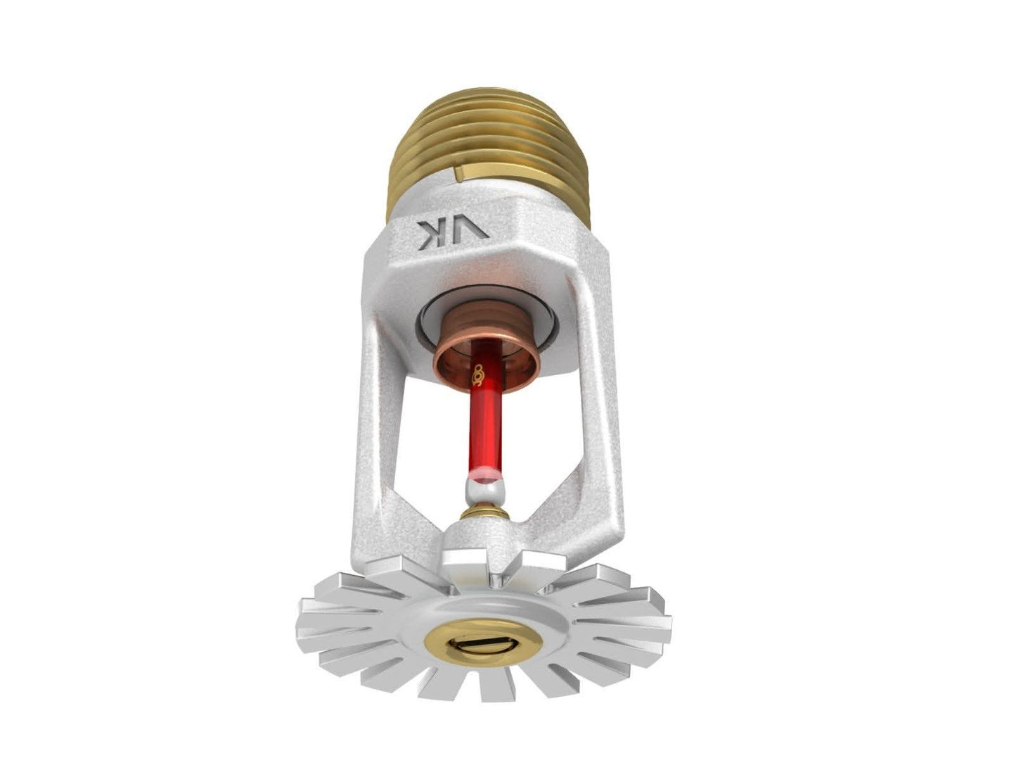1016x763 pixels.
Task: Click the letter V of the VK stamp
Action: tap(472, 231)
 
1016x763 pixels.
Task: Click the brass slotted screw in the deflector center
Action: tap(483, 642)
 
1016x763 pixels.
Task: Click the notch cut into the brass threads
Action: tap(461, 172)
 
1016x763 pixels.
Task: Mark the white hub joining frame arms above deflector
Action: tap(485, 546)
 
